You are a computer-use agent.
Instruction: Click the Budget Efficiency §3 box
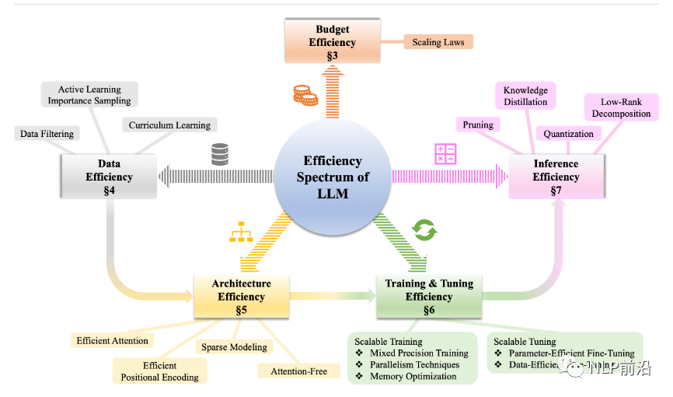point(332,43)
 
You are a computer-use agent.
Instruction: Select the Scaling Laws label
point(438,41)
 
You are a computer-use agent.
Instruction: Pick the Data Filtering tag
point(47,134)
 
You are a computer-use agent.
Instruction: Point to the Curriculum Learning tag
point(169,125)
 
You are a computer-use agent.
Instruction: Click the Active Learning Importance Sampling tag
point(89,95)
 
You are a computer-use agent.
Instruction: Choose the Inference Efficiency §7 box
point(556,176)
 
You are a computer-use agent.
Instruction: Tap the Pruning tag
point(478,124)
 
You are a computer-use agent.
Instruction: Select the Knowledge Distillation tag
point(525,96)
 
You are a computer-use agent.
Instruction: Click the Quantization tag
point(568,134)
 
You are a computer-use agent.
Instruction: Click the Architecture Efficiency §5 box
point(241,297)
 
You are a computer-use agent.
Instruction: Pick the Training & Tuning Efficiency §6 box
point(429,297)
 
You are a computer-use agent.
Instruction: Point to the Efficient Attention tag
point(111,340)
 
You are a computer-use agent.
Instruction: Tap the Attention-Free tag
point(299,371)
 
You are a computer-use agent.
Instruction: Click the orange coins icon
point(305,96)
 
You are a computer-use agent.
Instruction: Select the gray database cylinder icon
point(220,154)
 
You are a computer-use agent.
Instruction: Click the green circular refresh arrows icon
point(424,230)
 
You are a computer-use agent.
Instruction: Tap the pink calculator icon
point(445,153)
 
